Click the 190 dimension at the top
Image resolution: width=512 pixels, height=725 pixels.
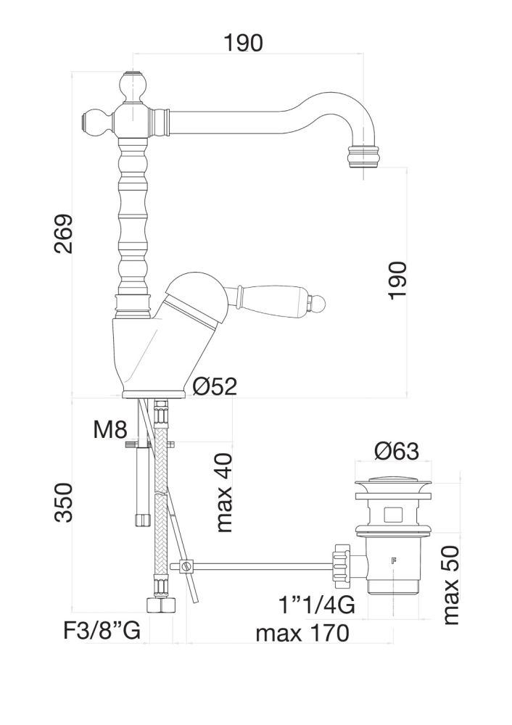[242, 43]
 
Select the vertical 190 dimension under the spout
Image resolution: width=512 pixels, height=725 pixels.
[397, 281]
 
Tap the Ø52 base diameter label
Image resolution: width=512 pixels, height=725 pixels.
[215, 386]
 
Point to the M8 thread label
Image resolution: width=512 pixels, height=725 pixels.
[111, 430]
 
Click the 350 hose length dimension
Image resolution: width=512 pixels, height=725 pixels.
[65, 502]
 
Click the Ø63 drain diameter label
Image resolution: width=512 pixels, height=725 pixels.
[397, 452]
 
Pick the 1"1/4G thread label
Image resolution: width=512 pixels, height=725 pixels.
[318, 603]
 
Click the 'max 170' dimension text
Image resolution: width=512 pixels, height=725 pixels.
[302, 633]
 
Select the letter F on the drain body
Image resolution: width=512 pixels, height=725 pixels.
[394, 560]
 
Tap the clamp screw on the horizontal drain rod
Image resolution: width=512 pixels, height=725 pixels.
[187, 565]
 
